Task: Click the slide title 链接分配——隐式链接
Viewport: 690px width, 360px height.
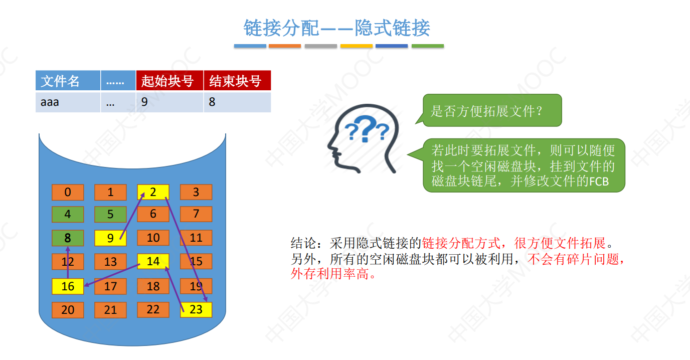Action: click(x=336, y=28)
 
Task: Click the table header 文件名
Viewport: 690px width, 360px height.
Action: click(x=60, y=81)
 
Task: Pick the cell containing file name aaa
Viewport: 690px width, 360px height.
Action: click(x=50, y=102)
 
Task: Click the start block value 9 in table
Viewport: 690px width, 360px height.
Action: click(x=144, y=102)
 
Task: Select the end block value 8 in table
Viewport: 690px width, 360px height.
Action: click(x=212, y=102)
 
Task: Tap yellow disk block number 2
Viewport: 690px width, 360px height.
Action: click(x=153, y=192)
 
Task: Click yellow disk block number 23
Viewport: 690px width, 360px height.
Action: click(x=196, y=309)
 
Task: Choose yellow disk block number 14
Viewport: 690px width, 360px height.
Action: click(x=153, y=261)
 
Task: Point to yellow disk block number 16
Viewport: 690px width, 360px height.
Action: click(x=68, y=286)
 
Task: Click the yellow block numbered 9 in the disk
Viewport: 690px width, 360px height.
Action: click(x=110, y=238)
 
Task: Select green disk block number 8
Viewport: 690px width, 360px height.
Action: click(x=68, y=238)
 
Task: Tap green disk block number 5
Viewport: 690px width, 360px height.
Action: click(x=110, y=215)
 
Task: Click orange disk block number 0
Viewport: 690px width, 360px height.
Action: click(x=68, y=192)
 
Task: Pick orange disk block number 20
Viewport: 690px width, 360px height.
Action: click(x=68, y=310)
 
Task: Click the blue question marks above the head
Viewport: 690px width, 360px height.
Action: click(x=367, y=130)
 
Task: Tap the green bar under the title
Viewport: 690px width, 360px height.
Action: click(x=427, y=46)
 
